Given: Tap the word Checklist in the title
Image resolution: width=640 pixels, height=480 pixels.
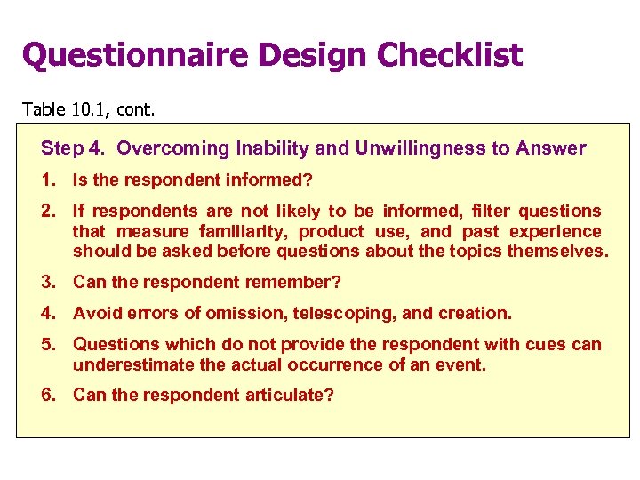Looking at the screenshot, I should tap(450, 55).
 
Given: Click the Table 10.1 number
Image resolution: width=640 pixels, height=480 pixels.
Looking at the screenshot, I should tap(85, 109).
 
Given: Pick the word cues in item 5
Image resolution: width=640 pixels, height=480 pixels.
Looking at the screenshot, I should tap(549, 344).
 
